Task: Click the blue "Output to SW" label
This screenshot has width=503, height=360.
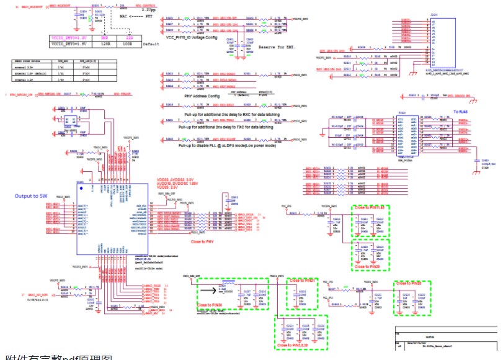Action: coord(31,196)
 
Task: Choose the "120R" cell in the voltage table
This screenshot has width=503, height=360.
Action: coord(105,45)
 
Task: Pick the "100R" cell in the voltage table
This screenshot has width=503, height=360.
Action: coord(128,45)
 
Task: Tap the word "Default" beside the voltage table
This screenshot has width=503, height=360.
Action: coord(151,45)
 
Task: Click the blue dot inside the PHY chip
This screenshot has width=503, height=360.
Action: coord(81,186)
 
